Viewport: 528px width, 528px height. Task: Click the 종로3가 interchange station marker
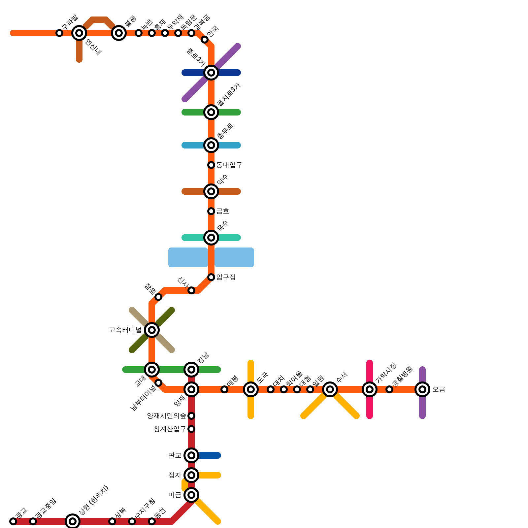211,73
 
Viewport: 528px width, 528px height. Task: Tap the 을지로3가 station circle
211,112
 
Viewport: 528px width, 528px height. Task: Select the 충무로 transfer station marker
211,145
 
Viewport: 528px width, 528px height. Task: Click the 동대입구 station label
229,165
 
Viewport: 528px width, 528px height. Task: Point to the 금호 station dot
211,211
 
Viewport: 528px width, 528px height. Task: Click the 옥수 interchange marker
211,238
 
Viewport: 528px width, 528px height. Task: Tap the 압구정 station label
226,277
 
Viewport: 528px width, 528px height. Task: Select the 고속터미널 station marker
152,330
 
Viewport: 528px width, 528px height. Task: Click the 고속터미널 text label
125,330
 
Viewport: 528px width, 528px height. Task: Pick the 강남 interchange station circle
191,370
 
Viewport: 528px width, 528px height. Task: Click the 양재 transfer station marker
191,389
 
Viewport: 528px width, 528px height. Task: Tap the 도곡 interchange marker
251,389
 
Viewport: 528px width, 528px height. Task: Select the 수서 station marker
330,389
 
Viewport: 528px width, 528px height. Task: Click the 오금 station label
439,389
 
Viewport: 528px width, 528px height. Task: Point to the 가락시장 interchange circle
370,389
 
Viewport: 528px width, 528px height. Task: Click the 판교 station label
175,455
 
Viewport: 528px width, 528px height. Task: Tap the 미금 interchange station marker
191,495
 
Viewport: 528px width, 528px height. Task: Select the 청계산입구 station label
170,429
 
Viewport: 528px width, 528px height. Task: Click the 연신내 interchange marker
79,33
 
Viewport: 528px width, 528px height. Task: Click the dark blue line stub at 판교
210,455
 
